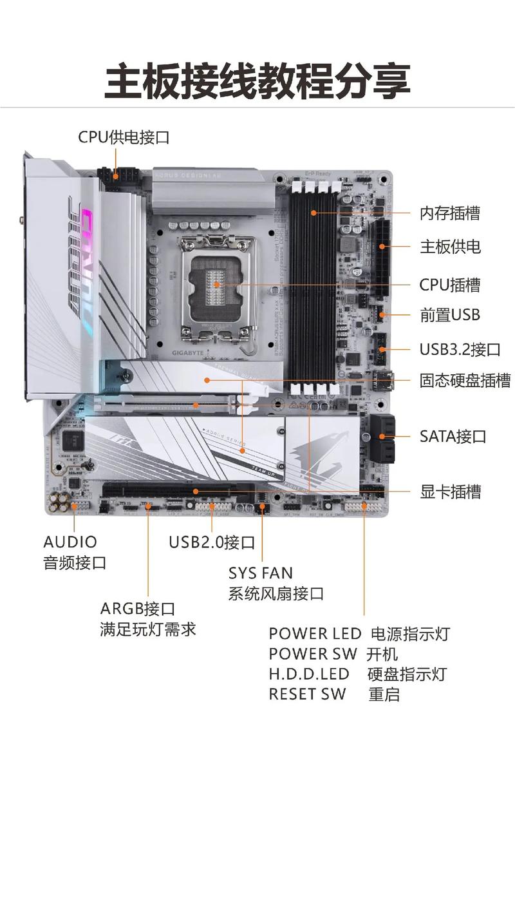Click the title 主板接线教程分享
click(x=257, y=81)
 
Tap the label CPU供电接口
click(x=124, y=137)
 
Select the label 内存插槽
click(x=449, y=213)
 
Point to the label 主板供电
click(x=449, y=247)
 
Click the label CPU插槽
click(x=449, y=285)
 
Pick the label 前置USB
click(x=449, y=315)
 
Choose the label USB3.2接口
click(x=460, y=350)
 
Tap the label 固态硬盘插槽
click(x=465, y=381)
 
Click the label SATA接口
click(x=453, y=436)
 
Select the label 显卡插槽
click(x=450, y=492)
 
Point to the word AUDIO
click(x=70, y=542)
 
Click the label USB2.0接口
click(x=212, y=542)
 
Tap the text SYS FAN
click(x=260, y=573)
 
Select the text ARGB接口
click(x=137, y=609)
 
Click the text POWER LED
click(x=315, y=634)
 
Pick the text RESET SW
click(x=307, y=694)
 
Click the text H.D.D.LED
click(x=308, y=674)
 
